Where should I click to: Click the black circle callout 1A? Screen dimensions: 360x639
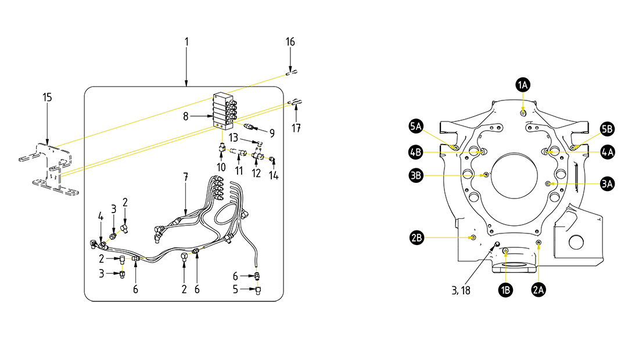[x=523, y=85]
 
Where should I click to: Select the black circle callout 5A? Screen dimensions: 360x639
[x=415, y=126]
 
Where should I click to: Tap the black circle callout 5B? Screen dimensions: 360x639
[x=607, y=128]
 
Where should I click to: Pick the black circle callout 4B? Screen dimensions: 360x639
[x=415, y=152]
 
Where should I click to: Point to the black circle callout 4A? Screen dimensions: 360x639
[x=607, y=152]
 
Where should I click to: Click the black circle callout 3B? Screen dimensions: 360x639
[x=415, y=174]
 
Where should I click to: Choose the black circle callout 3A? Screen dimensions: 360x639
[x=607, y=184]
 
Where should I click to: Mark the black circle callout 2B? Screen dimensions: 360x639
[x=415, y=237]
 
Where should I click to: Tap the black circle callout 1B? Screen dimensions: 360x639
[x=505, y=290]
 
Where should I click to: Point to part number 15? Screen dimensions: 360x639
[x=48, y=97]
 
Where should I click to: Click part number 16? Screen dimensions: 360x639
[x=290, y=42]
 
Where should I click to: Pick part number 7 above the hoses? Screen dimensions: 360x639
[x=185, y=176]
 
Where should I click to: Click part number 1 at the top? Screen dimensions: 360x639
[x=186, y=42]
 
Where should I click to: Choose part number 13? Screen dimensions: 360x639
[x=234, y=138]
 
